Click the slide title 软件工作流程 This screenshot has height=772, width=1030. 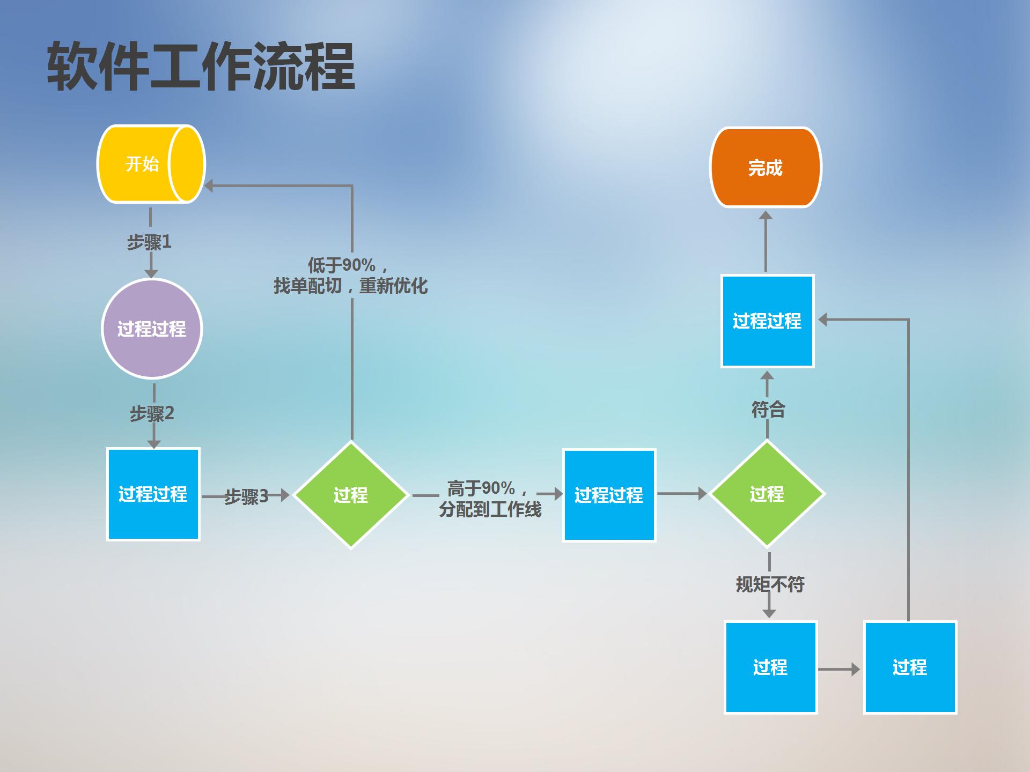(x=201, y=67)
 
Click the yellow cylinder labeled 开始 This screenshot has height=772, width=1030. (x=142, y=164)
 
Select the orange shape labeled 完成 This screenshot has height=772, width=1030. (x=766, y=168)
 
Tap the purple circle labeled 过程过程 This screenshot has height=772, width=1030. (x=152, y=329)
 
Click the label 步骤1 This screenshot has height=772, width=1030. (x=149, y=242)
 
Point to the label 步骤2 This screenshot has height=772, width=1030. (x=152, y=413)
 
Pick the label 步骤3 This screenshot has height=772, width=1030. (x=246, y=496)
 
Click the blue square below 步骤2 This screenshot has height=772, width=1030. (x=153, y=494)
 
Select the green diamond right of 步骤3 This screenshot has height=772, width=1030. (x=351, y=495)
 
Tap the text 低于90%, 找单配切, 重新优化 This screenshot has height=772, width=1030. (x=350, y=276)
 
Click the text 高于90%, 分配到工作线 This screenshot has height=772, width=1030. (x=489, y=499)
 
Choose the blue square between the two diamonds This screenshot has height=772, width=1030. (x=609, y=495)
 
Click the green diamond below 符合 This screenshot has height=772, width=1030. (x=767, y=494)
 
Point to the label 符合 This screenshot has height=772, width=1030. (x=768, y=410)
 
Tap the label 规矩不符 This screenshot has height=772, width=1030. (x=770, y=584)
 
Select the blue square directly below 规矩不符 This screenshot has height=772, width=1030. (x=770, y=667)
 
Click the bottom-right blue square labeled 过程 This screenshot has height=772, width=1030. (x=910, y=667)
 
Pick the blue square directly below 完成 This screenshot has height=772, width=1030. (x=767, y=321)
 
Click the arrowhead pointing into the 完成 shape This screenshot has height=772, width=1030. (x=766, y=216)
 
